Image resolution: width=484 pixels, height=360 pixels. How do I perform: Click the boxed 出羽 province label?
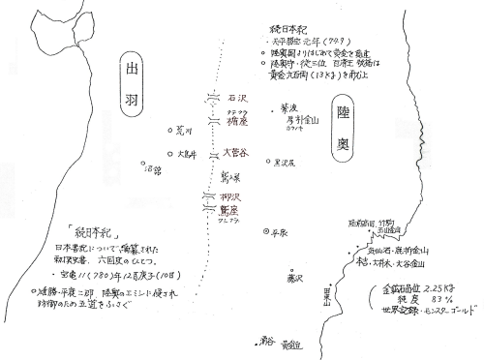135,77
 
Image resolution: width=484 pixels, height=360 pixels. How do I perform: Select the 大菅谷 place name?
235,152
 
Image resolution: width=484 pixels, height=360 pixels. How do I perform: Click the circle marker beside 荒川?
170,131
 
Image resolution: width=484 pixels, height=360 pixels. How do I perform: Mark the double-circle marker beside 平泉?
267,232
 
